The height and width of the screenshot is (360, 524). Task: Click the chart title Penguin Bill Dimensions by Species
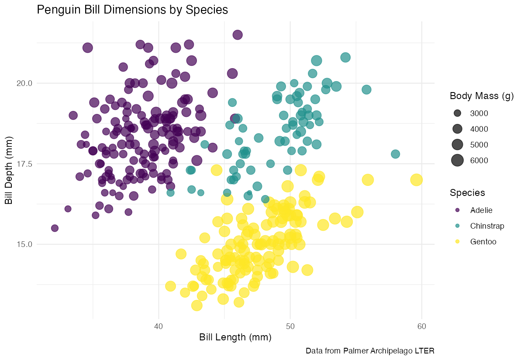pos(132,10)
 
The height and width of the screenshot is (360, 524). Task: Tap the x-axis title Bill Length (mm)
pos(235,337)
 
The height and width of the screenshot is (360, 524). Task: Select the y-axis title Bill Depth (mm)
pos(9,164)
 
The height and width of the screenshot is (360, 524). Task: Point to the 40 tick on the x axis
pos(159,327)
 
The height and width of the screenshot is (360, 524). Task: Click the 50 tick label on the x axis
pos(290,327)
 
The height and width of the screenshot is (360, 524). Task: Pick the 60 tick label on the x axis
pos(421,327)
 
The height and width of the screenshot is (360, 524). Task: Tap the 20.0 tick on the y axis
pos(22,83)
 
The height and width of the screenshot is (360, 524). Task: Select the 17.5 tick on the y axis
pos(22,164)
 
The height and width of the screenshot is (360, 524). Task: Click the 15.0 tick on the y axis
pos(22,244)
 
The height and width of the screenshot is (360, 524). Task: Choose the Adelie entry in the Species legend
pos(481,210)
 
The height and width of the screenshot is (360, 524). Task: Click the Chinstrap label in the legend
pos(487,226)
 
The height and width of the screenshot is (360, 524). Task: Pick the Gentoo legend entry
pos(483,241)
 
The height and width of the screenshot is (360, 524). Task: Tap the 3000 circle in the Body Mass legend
pos(457,113)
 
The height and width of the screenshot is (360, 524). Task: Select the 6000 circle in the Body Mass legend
pos(457,161)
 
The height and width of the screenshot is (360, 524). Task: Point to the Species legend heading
pos(468,193)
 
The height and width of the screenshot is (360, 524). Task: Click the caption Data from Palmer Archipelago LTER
pos(370,351)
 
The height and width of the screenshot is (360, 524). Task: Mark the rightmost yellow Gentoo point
pos(417,179)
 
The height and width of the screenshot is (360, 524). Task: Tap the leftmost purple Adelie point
pos(55,228)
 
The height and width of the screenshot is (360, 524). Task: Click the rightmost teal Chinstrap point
pos(396,154)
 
